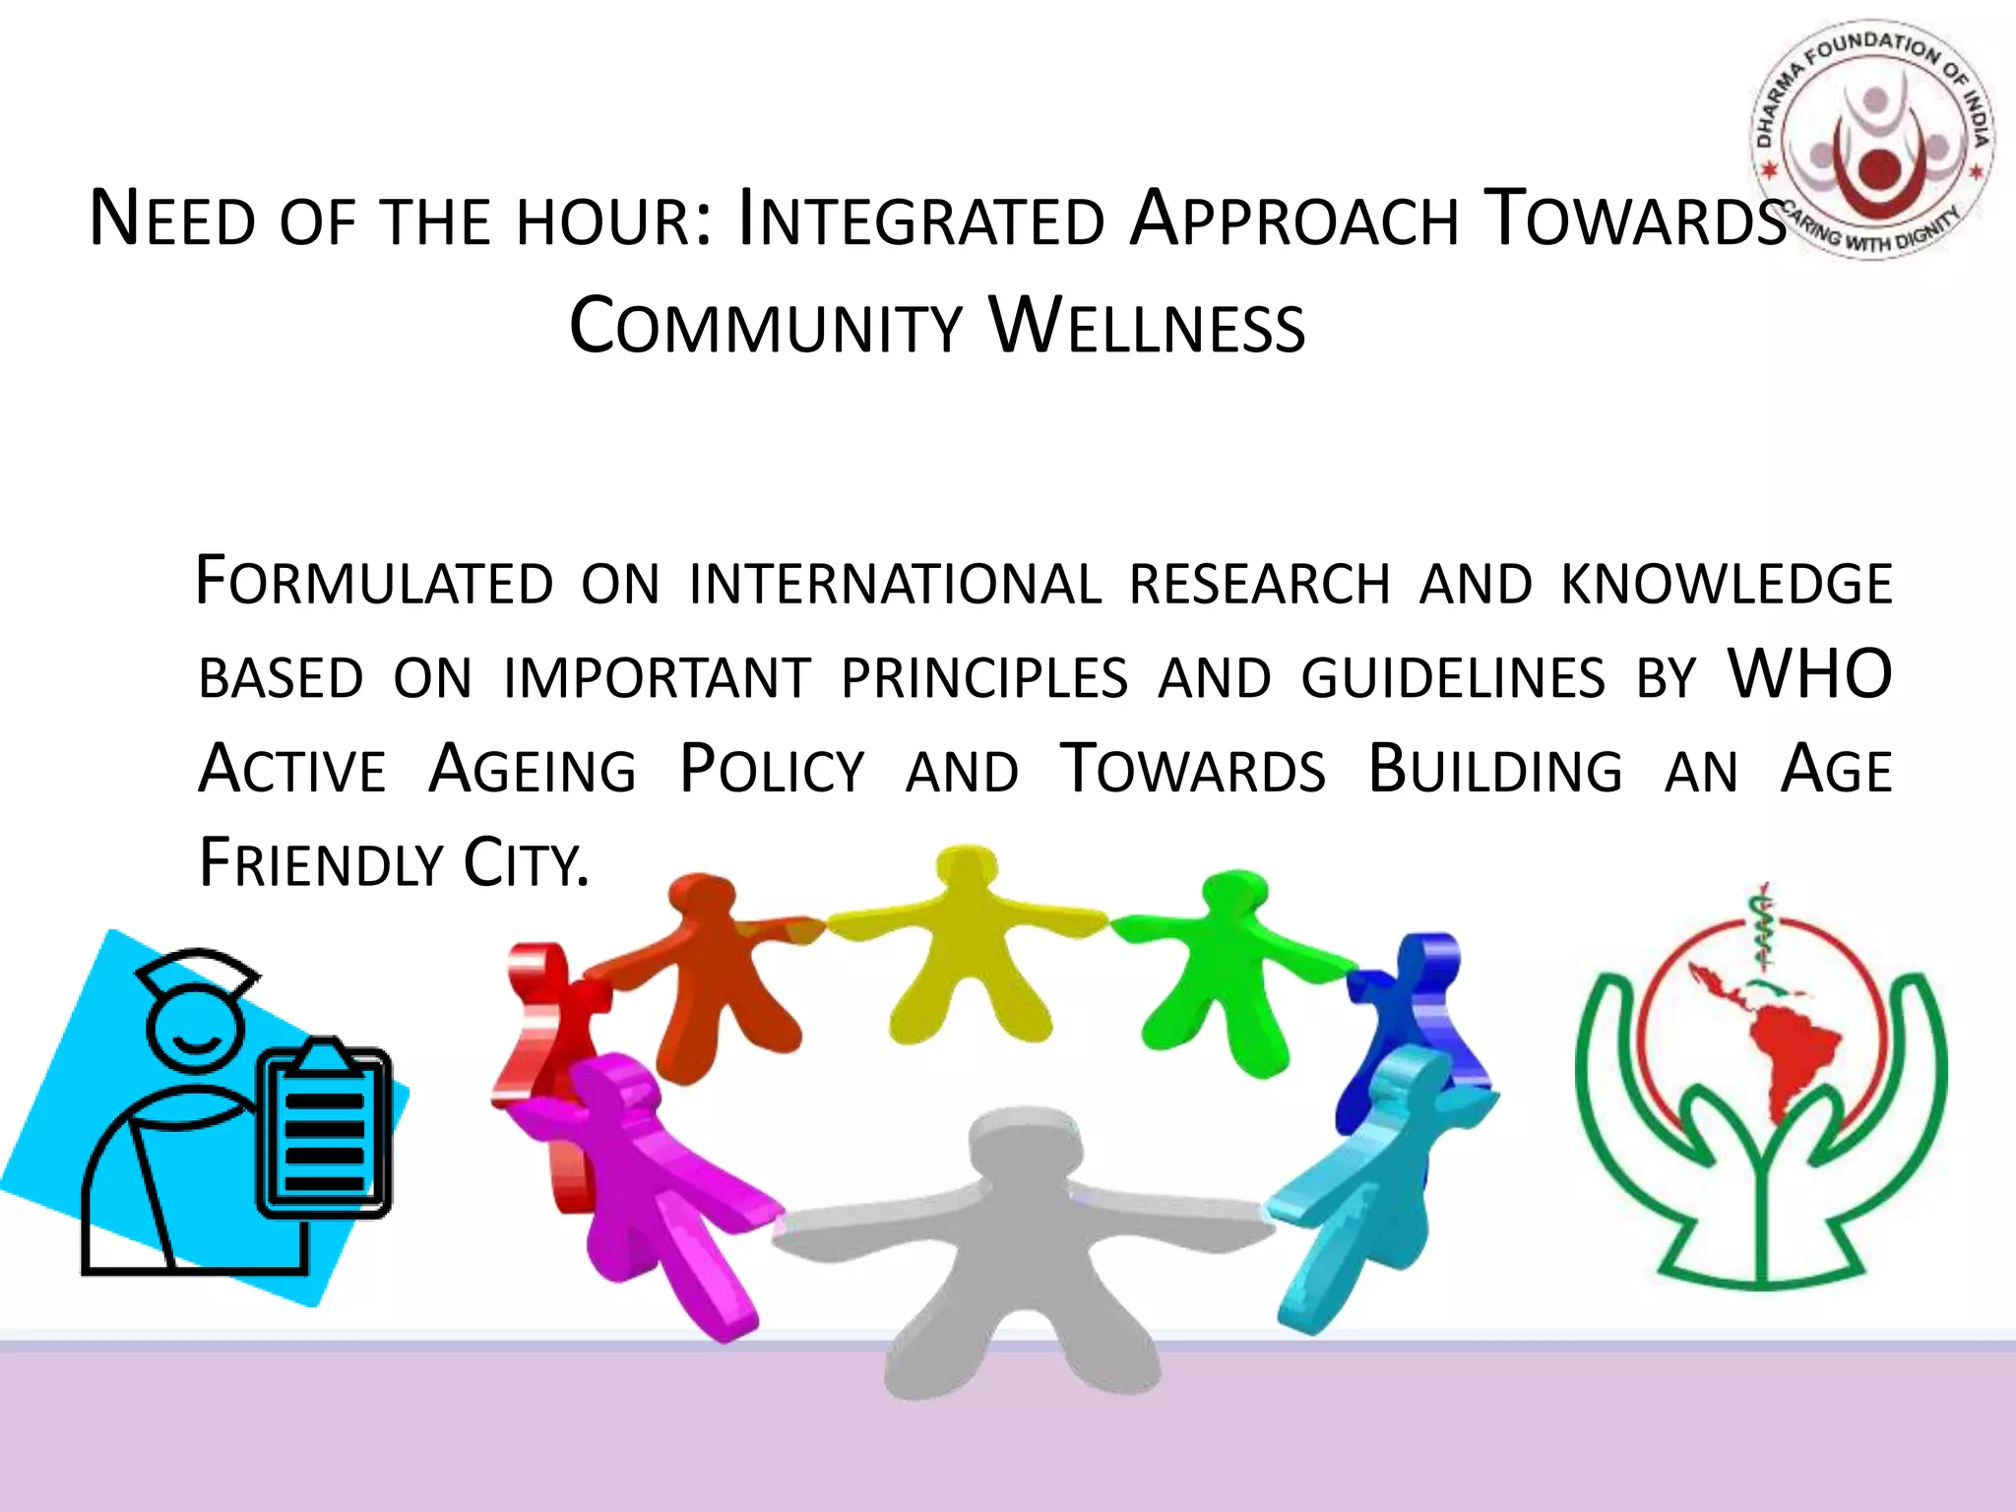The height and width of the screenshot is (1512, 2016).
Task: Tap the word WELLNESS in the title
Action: coord(1148,327)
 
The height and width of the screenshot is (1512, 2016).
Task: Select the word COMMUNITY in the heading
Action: coord(765,327)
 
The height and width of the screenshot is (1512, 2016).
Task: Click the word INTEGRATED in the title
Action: coord(921,220)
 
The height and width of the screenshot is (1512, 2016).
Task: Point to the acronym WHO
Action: coord(1809,675)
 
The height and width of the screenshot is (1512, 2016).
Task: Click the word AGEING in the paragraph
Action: coord(533,770)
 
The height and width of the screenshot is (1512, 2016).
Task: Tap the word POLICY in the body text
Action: coord(772,770)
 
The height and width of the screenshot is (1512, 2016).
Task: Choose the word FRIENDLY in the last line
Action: coord(321,863)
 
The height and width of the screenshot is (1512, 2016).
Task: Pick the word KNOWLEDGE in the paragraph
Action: coord(1726,584)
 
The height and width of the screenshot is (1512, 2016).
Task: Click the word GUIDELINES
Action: coord(1453,678)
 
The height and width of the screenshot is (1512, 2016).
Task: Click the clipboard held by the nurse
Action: coord(325,1132)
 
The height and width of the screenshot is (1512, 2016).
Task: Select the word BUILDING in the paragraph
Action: coord(1494,770)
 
